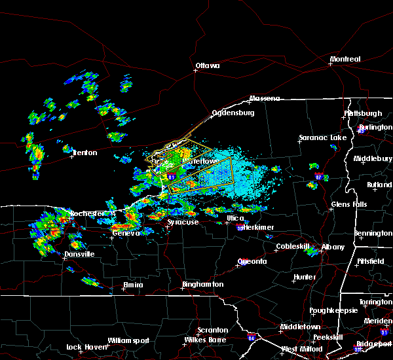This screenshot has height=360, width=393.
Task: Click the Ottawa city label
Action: [x=207, y=65]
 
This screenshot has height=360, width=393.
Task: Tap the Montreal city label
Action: [x=345, y=60]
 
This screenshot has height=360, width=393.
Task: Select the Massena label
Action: [x=264, y=99]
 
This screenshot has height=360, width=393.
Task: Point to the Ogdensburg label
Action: [x=232, y=113]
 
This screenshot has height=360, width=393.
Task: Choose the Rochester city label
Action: [x=87, y=214]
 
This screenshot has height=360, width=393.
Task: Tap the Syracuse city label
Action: [x=183, y=223]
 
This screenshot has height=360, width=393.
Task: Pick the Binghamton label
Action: [x=202, y=285]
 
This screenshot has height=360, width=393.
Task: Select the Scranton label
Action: [x=213, y=331]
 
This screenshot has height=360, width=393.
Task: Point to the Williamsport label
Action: [x=129, y=340]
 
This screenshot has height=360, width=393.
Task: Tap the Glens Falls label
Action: [x=349, y=205]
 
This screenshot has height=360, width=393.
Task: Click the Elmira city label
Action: [x=133, y=285]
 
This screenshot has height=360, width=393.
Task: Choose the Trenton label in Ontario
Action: [x=84, y=153]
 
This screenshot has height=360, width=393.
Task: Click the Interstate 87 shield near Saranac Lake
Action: [x=318, y=177]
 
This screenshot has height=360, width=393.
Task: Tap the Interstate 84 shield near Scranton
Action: [x=252, y=338]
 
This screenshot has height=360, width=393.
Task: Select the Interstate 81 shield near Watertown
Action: [x=172, y=177]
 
